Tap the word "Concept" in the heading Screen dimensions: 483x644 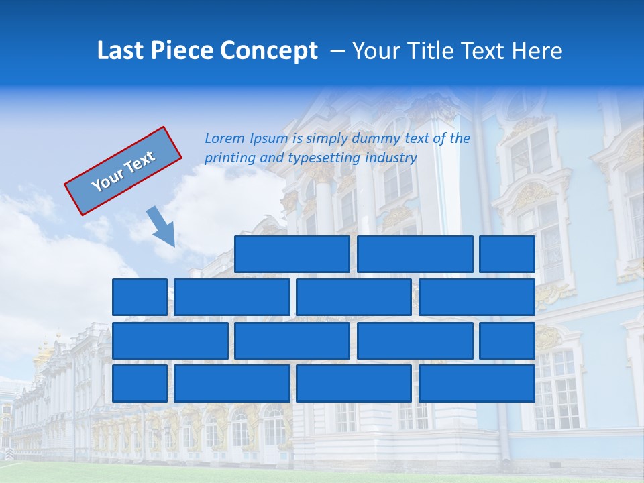pyautogui.click(x=269, y=51)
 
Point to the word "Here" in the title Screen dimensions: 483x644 pyautogui.click(x=536, y=51)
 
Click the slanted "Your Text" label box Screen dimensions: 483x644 pyautogui.click(x=123, y=171)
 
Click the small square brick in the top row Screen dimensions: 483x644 pyautogui.click(x=507, y=254)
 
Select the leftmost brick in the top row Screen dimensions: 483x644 pyautogui.click(x=292, y=254)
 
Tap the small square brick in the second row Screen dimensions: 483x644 pyautogui.click(x=140, y=297)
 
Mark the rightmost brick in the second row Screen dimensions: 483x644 pyautogui.click(x=477, y=297)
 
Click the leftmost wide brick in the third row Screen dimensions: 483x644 pyautogui.click(x=170, y=341)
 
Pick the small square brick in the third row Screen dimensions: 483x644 pyautogui.click(x=507, y=341)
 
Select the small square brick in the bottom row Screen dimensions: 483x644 pyautogui.click(x=140, y=384)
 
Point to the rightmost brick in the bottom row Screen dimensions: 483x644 pyautogui.click(x=477, y=384)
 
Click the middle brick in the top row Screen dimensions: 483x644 pyautogui.click(x=415, y=254)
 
